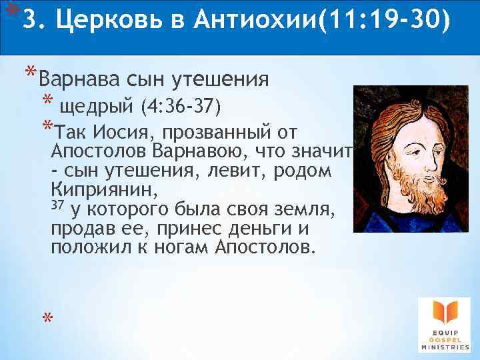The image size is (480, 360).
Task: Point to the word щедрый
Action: click(98, 106)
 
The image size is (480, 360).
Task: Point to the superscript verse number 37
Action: click(57, 205)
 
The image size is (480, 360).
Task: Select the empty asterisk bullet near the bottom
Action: click(47, 320)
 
